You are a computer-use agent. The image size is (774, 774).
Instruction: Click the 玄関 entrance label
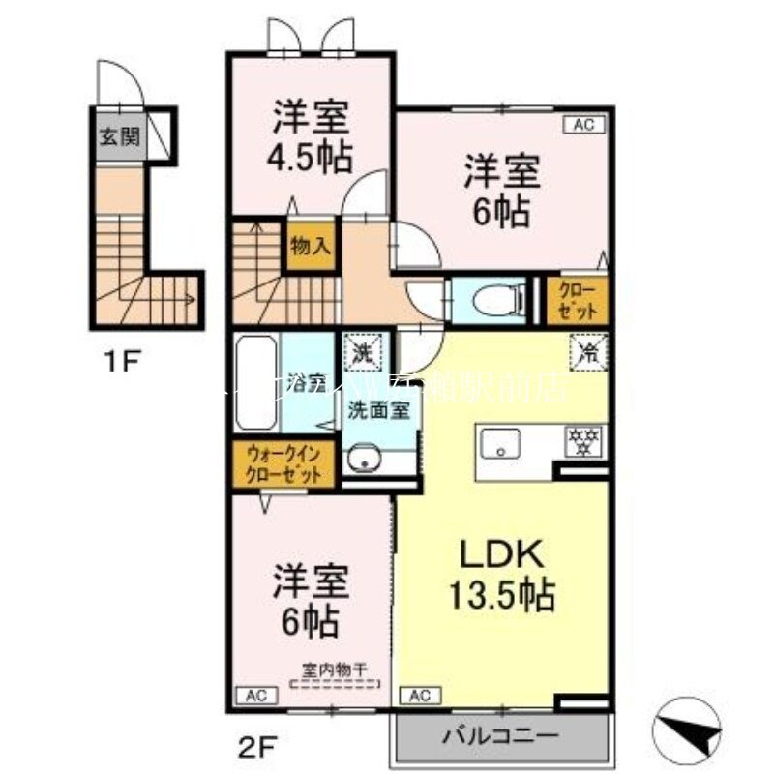(118, 134)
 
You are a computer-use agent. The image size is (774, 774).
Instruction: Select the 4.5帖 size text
(311, 156)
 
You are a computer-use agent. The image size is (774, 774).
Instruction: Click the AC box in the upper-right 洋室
(583, 124)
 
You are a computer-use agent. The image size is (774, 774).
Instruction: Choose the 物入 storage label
(310, 247)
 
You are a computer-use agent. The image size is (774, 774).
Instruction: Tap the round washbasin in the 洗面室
(362, 460)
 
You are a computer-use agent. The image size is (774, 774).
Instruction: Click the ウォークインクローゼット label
(283, 465)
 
